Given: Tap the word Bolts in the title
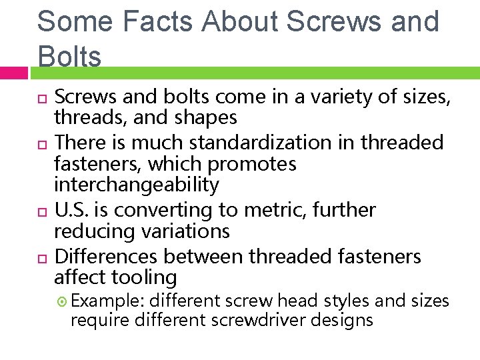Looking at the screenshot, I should coord(69,57).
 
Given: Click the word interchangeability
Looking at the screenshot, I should coord(136,185).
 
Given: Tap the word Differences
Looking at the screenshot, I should coord(107,257).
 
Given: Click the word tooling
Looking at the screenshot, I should coord(144,278).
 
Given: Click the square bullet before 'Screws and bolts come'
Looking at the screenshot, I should coord(43,99).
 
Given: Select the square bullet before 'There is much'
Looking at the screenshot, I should coord(43,144).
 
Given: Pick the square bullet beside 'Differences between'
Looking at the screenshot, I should coord(43,257).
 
